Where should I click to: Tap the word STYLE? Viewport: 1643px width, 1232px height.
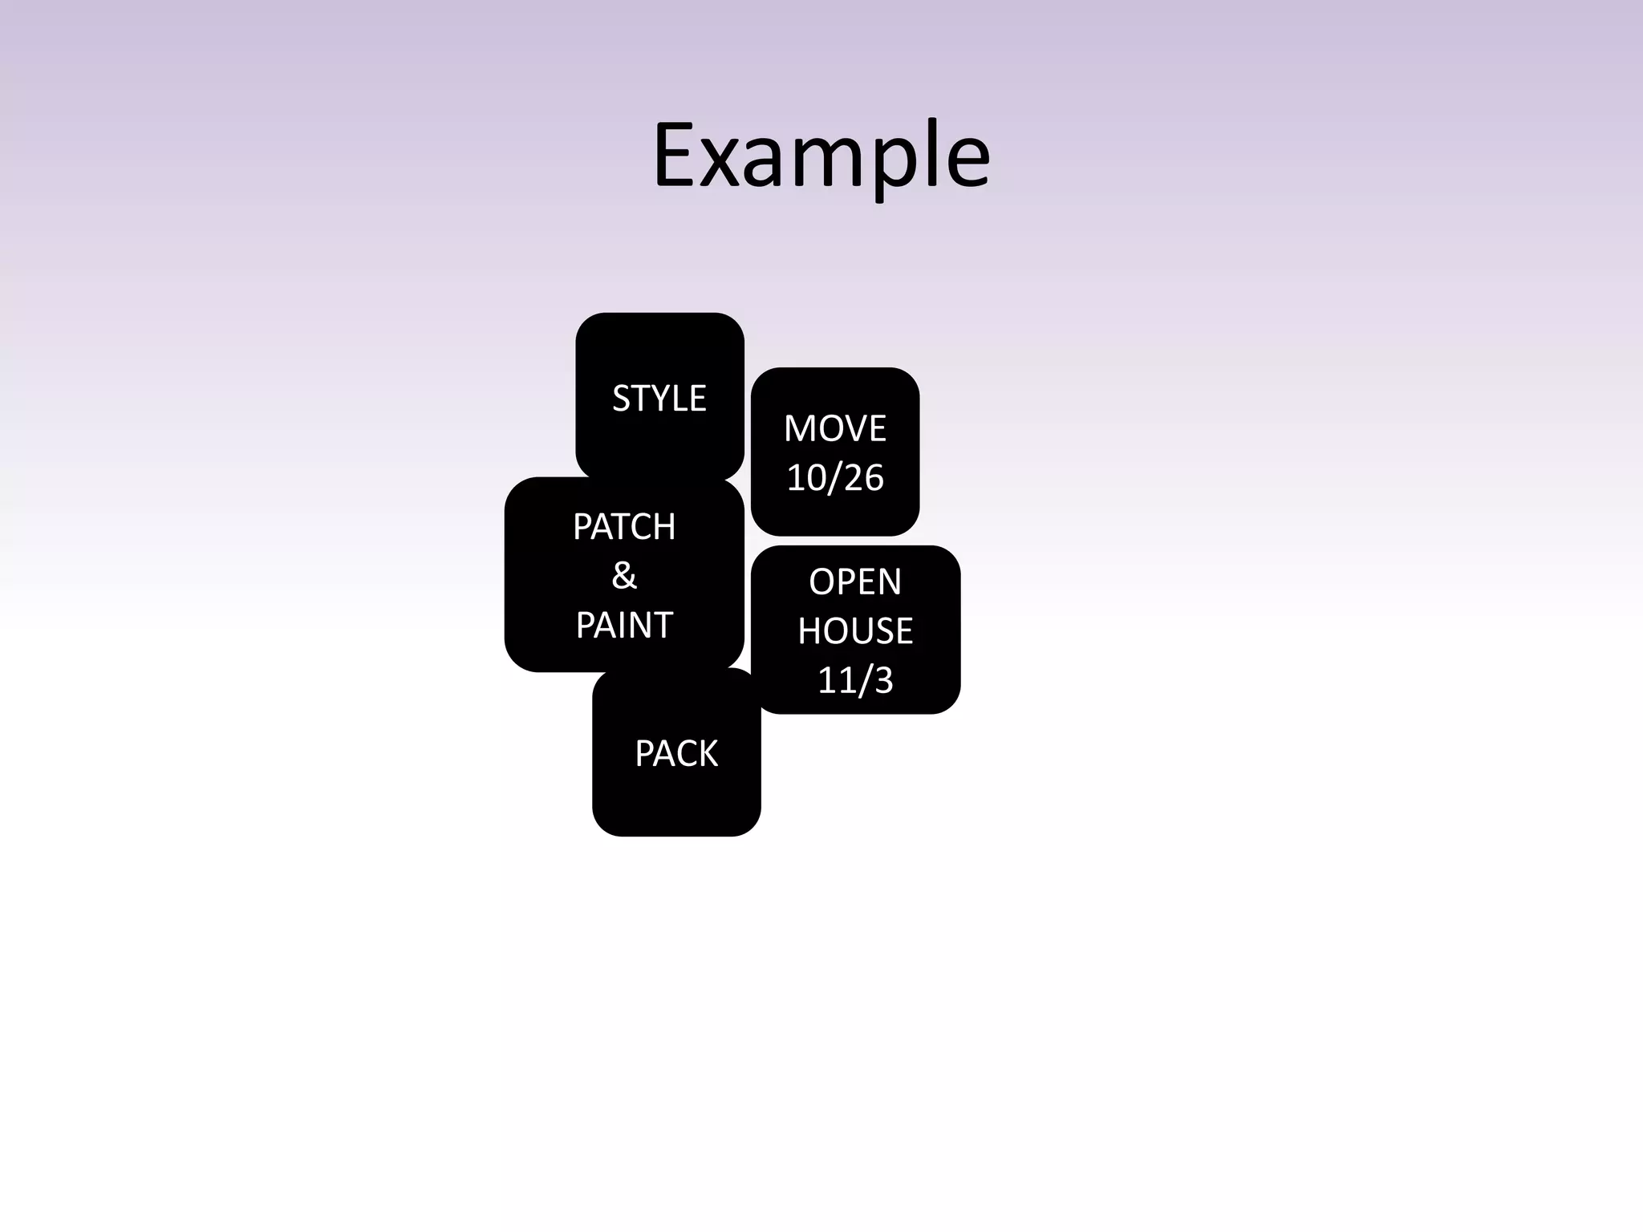(659, 399)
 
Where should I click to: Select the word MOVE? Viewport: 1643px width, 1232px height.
(835, 428)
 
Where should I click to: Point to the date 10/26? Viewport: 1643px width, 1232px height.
(835, 478)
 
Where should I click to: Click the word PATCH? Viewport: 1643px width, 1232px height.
(624, 527)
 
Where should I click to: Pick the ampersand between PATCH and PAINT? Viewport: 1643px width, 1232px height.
(624, 576)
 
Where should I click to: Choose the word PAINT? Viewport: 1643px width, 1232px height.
(624, 625)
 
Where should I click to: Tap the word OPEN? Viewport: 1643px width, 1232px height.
(855, 582)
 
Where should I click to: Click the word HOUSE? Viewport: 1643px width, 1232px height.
(855, 631)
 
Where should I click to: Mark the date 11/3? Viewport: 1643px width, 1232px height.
(855, 680)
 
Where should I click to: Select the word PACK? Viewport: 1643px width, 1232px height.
(676, 754)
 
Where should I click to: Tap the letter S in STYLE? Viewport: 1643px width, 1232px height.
(622, 399)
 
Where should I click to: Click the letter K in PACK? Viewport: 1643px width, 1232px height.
(708, 754)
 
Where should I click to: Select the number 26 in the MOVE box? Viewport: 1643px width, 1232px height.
(864, 478)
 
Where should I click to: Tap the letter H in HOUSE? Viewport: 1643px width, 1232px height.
(809, 631)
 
